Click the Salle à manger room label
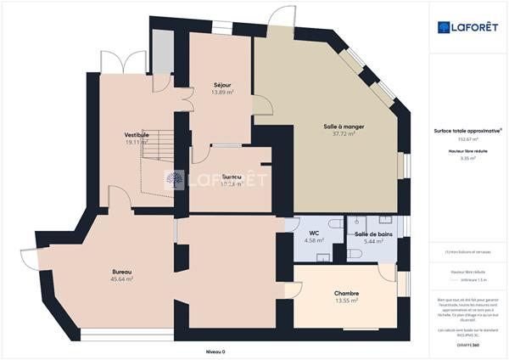click(338, 126)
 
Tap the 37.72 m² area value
click(344, 133)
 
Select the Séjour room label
click(222, 85)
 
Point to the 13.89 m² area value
click(222, 93)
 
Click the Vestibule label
click(137, 135)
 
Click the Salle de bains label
click(372, 233)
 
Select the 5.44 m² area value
click(374, 241)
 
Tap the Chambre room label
click(346, 292)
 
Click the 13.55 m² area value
click(346, 300)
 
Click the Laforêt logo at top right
click(467, 27)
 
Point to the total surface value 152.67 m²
click(467, 138)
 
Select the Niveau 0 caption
click(218, 351)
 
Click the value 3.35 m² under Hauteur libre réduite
click(467, 158)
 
